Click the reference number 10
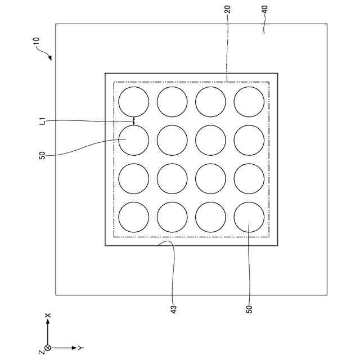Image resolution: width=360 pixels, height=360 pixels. (x=36, y=41)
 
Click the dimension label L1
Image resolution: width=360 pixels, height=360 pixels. (x=43, y=120)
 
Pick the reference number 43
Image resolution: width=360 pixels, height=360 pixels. (x=174, y=309)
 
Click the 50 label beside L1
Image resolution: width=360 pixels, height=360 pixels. (x=43, y=155)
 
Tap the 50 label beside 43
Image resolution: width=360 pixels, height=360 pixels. (x=249, y=309)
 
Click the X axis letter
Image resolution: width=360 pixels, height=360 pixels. (x=48, y=315)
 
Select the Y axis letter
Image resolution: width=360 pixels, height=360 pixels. (x=81, y=348)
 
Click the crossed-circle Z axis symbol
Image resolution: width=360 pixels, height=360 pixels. (x=48, y=348)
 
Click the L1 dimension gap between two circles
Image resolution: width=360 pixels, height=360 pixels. (x=134, y=120)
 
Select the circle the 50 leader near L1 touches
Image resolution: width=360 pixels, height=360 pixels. (x=134, y=140)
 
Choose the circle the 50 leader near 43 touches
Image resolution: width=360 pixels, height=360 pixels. (x=249, y=217)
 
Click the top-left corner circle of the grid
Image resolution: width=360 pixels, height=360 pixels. (x=134, y=102)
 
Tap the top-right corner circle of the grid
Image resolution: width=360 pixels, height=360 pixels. (x=249, y=102)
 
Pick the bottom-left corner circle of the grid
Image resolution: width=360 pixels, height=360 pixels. (x=134, y=217)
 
